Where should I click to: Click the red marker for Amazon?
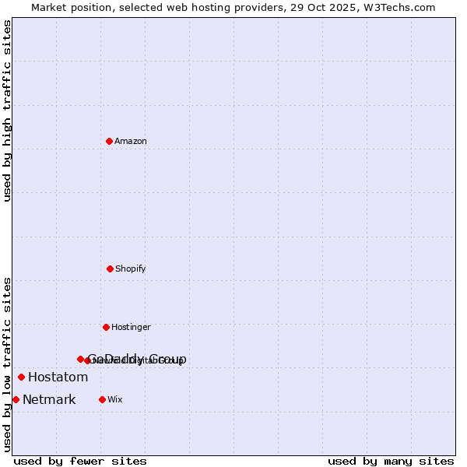coord(109,141)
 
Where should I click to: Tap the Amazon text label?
coord(130,142)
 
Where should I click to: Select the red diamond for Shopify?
coord(110,269)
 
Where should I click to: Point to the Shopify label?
coord(130,269)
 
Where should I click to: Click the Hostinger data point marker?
coord(106,327)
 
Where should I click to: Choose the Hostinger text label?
coord(131,328)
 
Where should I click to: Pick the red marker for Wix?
coord(102,399)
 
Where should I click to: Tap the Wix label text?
coord(114,400)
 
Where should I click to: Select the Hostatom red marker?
coord(21,377)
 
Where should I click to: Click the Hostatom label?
coord(58,377)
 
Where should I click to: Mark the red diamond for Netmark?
coord(16,399)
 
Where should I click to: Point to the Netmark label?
coord(49,400)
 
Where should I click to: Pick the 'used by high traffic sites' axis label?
coord(8,111)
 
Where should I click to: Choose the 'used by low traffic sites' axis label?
coord(8,364)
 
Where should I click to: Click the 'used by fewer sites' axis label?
coord(80,461)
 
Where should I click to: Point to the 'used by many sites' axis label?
coord(391,461)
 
